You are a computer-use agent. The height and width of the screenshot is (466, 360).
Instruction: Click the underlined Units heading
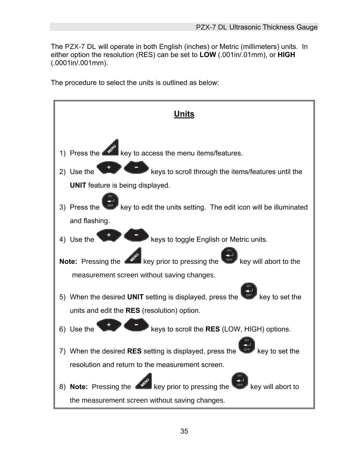pos(184,114)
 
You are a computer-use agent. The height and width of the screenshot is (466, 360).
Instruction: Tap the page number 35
pos(184,431)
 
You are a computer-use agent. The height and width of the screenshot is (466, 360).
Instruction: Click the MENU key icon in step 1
pos(110,148)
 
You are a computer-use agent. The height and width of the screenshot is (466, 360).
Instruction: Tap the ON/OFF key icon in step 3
pos(110,201)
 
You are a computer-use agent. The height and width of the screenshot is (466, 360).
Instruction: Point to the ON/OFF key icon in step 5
pos(249,291)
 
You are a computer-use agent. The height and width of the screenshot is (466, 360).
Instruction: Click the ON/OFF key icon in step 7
pos(247,345)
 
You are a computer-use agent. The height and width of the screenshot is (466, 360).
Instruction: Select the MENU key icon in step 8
pos(144,381)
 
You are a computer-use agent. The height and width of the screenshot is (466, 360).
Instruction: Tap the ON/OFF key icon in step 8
pos(240,381)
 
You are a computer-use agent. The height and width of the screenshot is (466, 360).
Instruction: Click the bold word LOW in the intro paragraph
pos(208,55)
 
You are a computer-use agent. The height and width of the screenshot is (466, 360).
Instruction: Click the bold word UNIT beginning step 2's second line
pos(78,185)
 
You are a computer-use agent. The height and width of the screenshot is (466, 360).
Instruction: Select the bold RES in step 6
pos(212,329)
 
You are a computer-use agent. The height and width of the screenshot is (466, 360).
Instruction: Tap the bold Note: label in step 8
pos(79,387)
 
